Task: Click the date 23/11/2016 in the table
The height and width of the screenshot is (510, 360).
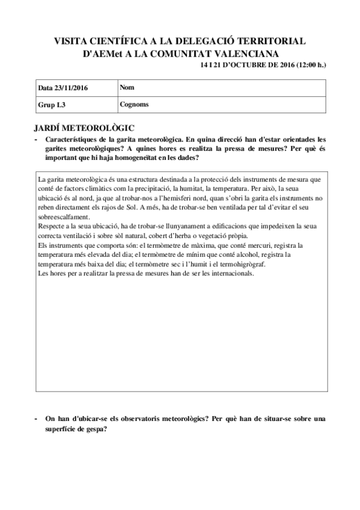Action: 71,88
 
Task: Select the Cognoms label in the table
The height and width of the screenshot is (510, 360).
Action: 134,104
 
